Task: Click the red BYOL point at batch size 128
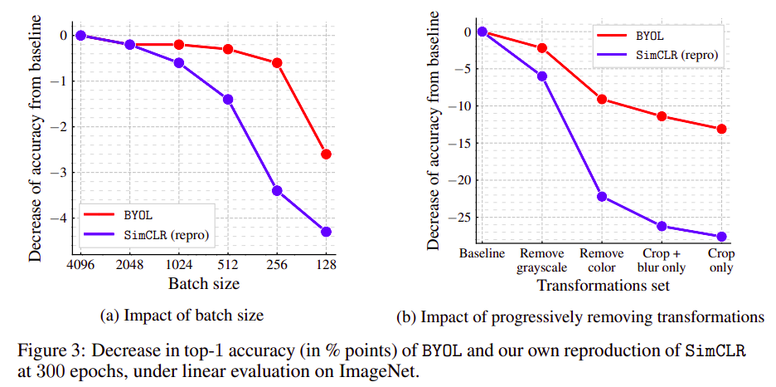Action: [326, 154]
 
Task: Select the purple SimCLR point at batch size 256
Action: [277, 191]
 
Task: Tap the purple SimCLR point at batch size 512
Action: [228, 100]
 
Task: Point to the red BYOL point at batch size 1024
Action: [179, 45]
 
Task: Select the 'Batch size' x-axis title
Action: [203, 285]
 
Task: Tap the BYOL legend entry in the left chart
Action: [138, 215]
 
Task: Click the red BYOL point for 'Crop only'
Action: [721, 129]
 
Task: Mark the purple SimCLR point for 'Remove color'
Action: [602, 197]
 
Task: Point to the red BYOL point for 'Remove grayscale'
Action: [542, 48]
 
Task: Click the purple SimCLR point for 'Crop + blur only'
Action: [662, 226]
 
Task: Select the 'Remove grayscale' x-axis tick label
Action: [542, 260]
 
